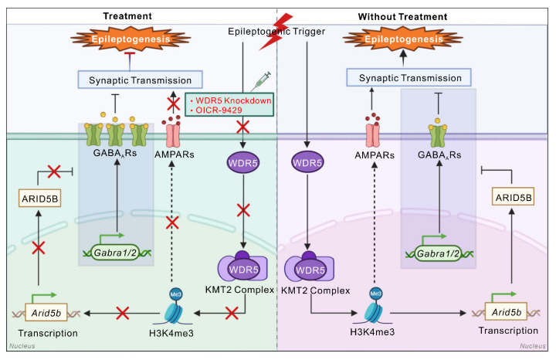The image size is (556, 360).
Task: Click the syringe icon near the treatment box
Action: click(x=261, y=81)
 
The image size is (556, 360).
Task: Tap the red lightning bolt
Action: click(x=276, y=31)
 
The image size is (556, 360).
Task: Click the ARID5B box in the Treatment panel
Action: click(x=39, y=199)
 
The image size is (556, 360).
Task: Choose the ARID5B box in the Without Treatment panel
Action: click(x=513, y=197)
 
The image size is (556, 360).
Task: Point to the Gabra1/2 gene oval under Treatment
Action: click(x=115, y=253)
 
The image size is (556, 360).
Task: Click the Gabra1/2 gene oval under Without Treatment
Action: click(x=438, y=253)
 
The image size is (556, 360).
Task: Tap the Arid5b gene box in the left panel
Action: click(x=46, y=312)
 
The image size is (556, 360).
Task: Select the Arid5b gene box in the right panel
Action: click(x=506, y=312)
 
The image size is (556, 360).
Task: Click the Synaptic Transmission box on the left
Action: click(x=140, y=80)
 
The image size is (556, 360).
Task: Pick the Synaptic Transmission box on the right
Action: click(x=409, y=77)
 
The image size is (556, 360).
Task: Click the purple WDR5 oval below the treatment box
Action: click(x=243, y=163)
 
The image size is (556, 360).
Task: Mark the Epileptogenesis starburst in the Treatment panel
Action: click(x=131, y=39)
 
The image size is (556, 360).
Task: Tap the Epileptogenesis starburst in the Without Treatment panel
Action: click(x=403, y=39)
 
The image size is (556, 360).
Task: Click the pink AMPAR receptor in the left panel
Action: click(x=173, y=135)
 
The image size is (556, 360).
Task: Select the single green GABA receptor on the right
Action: click(x=437, y=135)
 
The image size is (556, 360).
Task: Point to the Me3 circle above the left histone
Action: click(x=176, y=294)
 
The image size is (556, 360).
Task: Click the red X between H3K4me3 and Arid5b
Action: click(x=123, y=314)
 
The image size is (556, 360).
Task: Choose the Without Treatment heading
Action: click(x=402, y=17)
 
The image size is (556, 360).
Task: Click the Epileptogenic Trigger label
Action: click(x=276, y=32)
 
